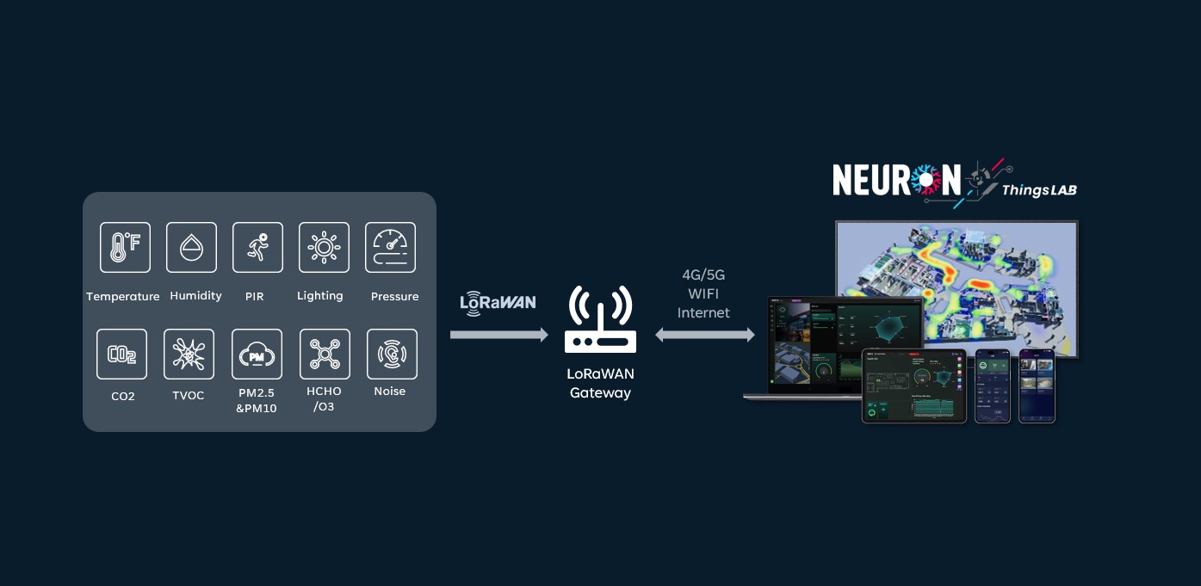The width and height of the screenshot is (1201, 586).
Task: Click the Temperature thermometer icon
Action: pos(125,247)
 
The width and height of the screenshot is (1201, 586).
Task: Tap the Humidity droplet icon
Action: pos(191,247)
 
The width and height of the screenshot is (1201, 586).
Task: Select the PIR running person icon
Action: pos(257,247)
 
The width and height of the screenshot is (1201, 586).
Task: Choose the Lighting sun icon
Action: pos(324,247)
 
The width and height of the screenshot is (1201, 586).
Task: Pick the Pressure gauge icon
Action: pos(390,247)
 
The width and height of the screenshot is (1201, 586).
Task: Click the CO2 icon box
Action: pos(121,354)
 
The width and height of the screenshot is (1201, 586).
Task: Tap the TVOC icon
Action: pos(189,354)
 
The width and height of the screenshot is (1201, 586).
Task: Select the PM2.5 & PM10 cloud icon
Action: pos(257,354)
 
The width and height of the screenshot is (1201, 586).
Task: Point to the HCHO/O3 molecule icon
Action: pos(325,354)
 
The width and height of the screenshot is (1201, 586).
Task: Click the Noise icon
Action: pos(392,354)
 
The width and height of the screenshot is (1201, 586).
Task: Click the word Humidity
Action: pos(195,295)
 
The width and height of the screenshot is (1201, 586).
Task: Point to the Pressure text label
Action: pos(394,296)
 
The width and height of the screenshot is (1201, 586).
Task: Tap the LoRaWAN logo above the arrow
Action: pos(498,303)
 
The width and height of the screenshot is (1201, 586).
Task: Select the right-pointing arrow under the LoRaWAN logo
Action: pos(498,335)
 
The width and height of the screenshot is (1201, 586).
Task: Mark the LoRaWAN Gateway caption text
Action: pos(600,384)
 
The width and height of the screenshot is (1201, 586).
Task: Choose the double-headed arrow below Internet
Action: pos(704,335)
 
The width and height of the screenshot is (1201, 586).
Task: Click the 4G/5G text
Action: pos(703,275)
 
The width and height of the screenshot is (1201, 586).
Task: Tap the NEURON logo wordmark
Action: pos(896,180)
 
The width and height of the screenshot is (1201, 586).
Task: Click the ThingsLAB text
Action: pos(1039,190)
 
